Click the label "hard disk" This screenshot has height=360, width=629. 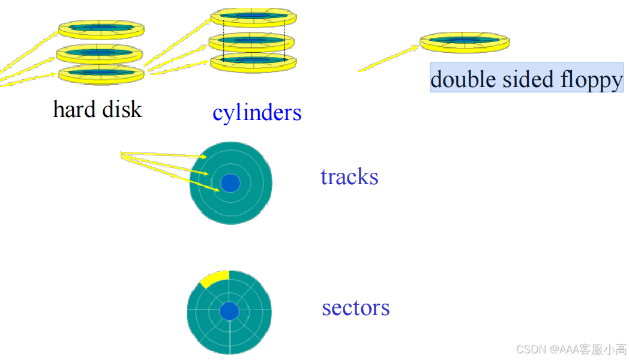point(97,109)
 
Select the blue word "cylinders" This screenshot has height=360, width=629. point(257,112)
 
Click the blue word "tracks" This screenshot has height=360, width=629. point(349,177)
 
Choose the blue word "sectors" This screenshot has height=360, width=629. point(355,308)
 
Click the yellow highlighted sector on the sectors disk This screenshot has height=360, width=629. point(214,278)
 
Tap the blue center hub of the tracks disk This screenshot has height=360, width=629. point(230,182)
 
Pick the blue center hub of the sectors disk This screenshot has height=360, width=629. point(229,311)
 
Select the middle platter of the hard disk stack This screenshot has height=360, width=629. point(100,53)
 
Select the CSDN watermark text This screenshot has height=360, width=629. point(571,349)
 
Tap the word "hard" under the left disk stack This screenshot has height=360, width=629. point(73,109)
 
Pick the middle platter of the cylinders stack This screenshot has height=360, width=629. point(252,41)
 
